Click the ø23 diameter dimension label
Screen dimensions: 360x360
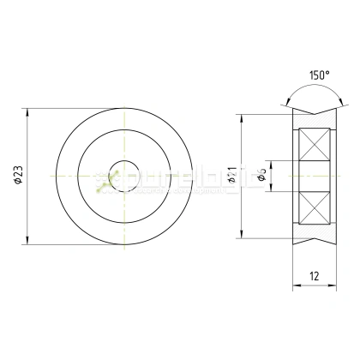[x=18, y=176]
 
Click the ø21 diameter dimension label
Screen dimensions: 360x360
[x=232, y=177]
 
